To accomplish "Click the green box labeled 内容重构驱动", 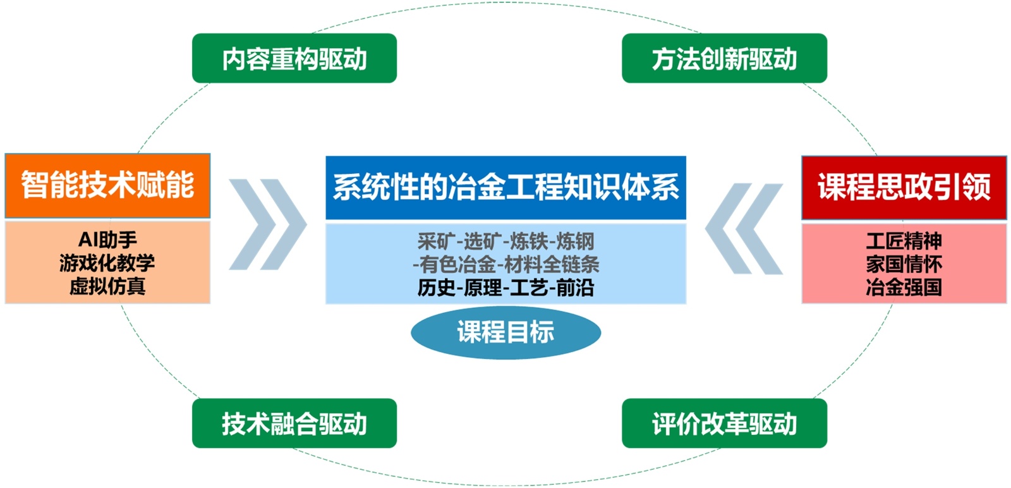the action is (x=294, y=58).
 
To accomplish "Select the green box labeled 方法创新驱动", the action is (x=724, y=58).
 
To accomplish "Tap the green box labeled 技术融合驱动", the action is (x=294, y=424).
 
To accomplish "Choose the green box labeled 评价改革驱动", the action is (x=724, y=424).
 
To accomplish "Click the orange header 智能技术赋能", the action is (x=107, y=186).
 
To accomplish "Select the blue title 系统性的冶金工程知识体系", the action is (x=505, y=188).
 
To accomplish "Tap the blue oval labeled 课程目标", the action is (x=505, y=332).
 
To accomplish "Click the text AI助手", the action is (x=107, y=240).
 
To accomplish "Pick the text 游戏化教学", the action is (x=107, y=263).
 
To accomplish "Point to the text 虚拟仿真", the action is (x=107, y=286).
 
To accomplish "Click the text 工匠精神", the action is (x=904, y=241).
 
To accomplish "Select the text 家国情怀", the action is (x=904, y=264).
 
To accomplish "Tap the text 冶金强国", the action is (x=904, y=288).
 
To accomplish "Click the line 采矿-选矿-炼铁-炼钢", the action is (x=505, y=241).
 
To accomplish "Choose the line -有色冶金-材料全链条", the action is (x=505, y=264).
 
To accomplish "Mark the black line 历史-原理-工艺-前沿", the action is (x=505, y=288).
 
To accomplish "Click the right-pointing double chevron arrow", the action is (x=267, y=224).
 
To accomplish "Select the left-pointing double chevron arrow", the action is (x=744, y=228).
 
